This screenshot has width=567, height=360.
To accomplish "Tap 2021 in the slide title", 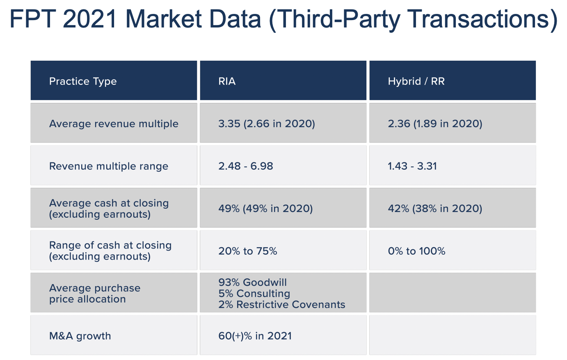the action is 90,19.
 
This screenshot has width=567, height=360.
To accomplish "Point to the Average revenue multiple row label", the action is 114,124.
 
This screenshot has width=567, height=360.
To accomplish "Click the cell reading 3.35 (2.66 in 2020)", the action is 267,124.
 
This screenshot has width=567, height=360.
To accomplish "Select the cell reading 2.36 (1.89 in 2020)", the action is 435,124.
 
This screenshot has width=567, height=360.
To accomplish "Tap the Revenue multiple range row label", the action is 109,166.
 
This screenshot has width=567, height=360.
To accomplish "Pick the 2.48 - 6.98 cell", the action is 245,166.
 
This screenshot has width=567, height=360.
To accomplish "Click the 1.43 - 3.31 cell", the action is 412,166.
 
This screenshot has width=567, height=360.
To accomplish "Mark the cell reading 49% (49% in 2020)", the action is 265,209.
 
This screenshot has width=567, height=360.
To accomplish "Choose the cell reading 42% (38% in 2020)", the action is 435,209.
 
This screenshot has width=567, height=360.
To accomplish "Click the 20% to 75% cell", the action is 247,251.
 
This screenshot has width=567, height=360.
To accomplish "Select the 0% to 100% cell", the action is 416,251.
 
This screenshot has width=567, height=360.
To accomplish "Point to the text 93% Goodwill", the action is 252,283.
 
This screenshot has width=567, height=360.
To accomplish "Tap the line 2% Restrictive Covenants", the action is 282,305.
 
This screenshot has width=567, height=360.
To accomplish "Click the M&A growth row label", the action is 80,336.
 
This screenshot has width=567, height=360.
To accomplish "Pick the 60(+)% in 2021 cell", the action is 255,336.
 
